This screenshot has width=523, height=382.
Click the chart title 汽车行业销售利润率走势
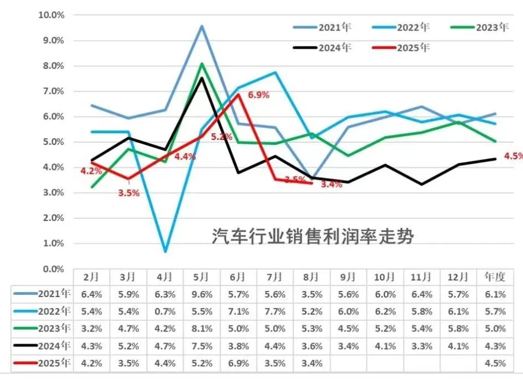(313, 237)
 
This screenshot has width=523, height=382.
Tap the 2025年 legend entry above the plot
(413, 48)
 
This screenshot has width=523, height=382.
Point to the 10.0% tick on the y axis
(51, 15)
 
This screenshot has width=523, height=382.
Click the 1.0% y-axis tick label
(53, 243)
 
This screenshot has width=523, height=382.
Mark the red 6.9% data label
(258, 95)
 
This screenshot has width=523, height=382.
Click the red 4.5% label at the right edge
(513, 156)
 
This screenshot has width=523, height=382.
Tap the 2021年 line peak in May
(202, 26)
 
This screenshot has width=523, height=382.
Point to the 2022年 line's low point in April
(165, 252)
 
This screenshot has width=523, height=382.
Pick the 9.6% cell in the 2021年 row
(202, 294)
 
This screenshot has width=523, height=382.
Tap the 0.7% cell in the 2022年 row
(165, 312)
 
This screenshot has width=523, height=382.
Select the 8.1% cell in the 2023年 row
(202, 329)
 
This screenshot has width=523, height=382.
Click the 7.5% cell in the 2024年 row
(202, 346)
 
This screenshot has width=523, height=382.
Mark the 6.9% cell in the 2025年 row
(238, 364)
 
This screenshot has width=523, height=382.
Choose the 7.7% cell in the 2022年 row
(275, 312)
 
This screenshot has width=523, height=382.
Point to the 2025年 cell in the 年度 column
(495, 364)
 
